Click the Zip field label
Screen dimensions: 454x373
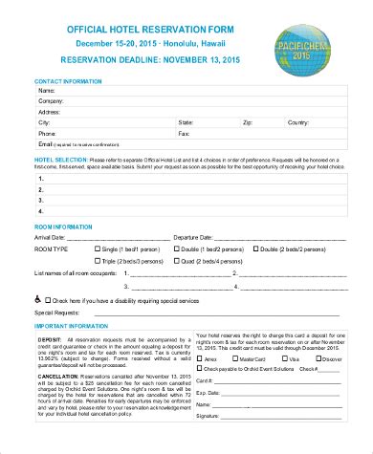coord(248,123)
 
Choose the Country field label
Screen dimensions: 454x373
coord(298,123)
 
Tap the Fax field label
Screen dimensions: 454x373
coord(185,134)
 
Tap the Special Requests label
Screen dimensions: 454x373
coord(58,313)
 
